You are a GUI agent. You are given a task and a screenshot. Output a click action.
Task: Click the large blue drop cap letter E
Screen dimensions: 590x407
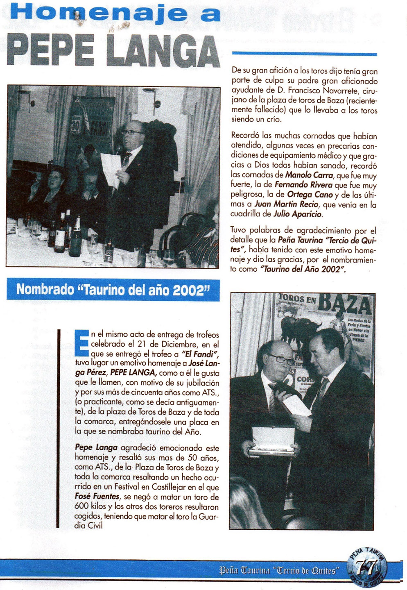[82, 343]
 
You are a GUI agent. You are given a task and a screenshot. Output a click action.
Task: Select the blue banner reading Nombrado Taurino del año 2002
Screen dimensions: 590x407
[113, 290]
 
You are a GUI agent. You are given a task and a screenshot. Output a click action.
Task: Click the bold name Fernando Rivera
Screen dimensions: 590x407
[303, 185]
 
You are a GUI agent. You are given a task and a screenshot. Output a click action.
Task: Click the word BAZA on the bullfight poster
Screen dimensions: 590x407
[345, 304]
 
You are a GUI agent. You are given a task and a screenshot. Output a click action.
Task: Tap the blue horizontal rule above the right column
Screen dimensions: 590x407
[304, 54]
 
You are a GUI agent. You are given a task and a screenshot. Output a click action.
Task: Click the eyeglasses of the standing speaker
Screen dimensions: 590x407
[132, 132]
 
